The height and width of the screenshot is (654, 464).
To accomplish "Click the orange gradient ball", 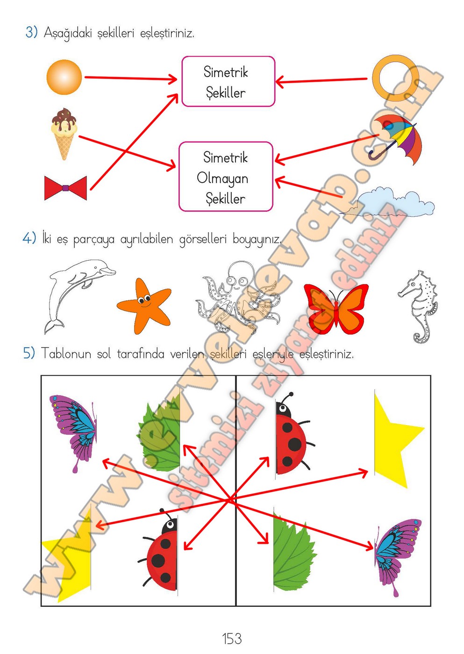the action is pos(64,77).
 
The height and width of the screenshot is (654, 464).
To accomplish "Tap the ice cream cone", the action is pos(64,134).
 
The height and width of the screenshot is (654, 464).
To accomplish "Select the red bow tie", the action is pos(65,188).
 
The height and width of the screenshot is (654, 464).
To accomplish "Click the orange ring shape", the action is pos(396,78).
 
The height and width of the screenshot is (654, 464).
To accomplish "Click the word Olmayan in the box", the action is pos(222,178).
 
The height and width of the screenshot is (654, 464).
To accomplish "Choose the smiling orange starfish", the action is pos(144,306).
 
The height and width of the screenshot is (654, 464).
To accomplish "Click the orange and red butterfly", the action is pos(336,309).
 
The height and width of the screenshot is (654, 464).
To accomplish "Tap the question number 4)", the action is pos(29,238).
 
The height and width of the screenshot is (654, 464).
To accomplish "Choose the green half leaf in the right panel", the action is pos(295,555).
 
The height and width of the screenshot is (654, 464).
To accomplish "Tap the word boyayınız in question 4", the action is pos(257,239).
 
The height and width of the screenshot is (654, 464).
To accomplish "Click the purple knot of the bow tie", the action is pos(66,188).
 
